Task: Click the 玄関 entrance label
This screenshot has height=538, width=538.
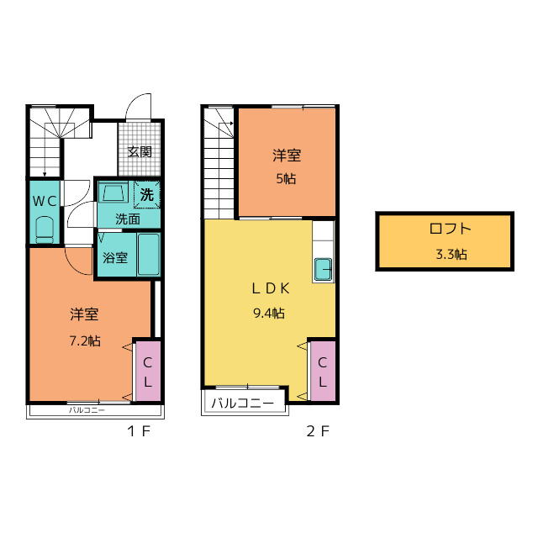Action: coord(140,151)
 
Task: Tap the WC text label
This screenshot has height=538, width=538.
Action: coord(45,201)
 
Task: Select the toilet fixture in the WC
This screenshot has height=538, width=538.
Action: coord(45,229)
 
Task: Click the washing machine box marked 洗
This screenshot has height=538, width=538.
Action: coord(147,195)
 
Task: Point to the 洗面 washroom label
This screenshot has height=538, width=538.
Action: coord(128,219)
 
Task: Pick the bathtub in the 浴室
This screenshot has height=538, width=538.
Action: coord(149,254)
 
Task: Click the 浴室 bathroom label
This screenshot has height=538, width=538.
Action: coord(115,258)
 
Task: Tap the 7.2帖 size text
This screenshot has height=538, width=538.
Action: coord(85,341)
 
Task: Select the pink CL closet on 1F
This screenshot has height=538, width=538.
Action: coord(148,371)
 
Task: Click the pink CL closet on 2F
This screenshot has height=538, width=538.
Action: coord(323,371)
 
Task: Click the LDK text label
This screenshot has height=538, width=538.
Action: coord(271,289)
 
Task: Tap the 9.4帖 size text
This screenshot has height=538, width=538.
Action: coord(269,313)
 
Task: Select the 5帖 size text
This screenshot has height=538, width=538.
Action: coord(286,179)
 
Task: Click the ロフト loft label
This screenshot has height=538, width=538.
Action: coord(451,229)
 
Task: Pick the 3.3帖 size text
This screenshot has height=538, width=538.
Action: coord(451,254)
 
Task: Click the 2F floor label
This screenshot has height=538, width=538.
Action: coord(318,431)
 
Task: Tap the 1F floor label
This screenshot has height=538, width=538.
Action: coord(139,431)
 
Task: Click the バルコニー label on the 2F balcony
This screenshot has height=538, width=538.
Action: coord(243,403)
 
